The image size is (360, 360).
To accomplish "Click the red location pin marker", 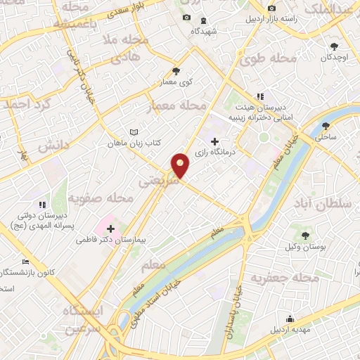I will (181, 165).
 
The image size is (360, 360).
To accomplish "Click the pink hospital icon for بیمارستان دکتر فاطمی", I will (110, 228).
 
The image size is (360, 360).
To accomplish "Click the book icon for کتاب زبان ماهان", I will (134, 131).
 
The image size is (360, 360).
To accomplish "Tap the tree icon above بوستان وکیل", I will (305, 236).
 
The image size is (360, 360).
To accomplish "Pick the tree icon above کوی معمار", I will (176, 70).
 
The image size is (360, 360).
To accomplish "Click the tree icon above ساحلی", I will (325, 127).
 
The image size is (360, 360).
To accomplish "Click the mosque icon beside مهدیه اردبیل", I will (289, 318).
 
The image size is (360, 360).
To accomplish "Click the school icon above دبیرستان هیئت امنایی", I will (260, 96).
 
